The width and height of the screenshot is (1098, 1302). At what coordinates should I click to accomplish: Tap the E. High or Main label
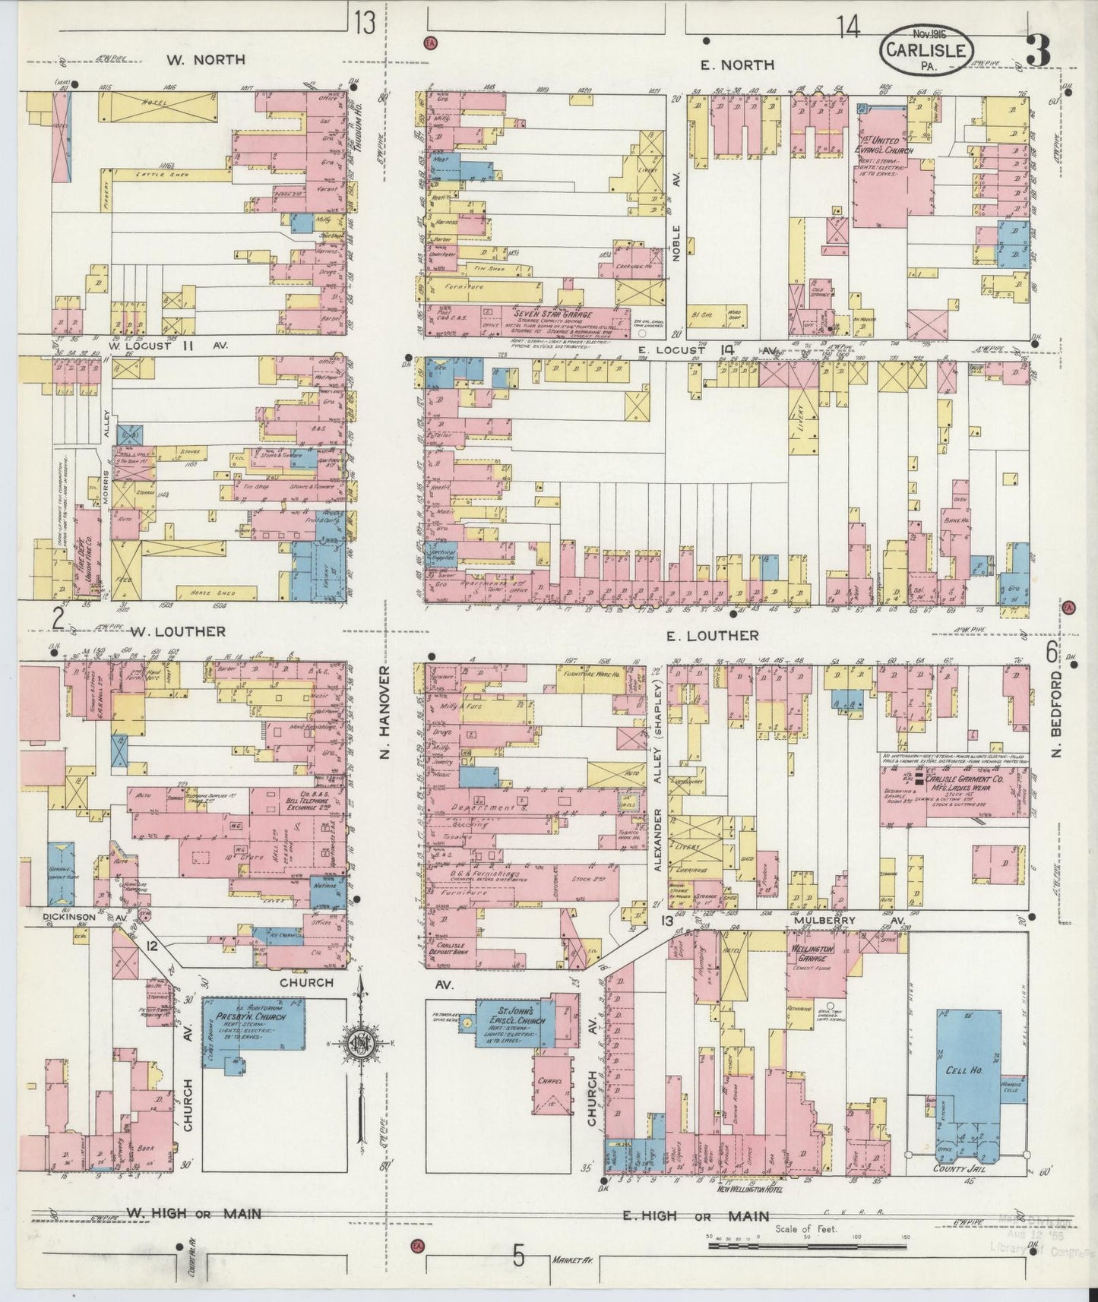[x=695, y=1216]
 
